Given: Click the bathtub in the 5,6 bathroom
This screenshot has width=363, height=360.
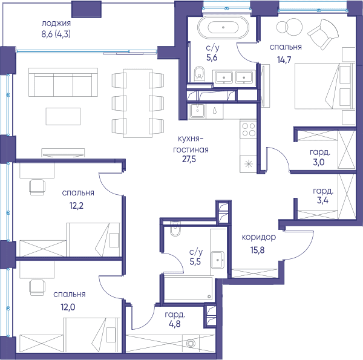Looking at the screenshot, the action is (223, 27).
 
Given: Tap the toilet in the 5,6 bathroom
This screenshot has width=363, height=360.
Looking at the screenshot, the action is (199, 73).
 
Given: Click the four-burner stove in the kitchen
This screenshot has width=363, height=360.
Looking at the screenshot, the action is (249, 129).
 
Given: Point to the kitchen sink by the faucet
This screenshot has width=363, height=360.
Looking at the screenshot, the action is (197, 111).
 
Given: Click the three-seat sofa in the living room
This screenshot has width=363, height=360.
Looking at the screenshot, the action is (63, 82).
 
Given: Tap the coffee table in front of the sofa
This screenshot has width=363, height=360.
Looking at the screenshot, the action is (63, 116).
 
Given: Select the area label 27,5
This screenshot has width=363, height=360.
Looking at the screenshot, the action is (189, 160).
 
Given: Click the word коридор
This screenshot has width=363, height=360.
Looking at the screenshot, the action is (259, 237).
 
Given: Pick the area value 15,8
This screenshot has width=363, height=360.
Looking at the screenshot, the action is (257, 250).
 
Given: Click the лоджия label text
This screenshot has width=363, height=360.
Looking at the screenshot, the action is (56, 24).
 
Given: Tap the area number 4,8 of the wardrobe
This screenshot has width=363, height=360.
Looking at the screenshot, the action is (175, 324).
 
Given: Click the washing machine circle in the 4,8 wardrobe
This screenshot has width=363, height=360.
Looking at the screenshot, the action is (191, 343).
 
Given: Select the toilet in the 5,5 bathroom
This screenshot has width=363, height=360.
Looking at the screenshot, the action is (175, 229).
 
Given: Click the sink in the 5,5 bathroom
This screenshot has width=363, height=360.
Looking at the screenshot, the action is (217, 260).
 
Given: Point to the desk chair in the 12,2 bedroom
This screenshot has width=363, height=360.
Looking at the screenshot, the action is (37, 187).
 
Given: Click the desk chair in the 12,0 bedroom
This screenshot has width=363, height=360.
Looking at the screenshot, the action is (37, 287).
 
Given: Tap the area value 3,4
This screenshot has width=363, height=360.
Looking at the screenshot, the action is (322, 200).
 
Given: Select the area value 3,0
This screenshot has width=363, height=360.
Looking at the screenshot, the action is (319, 162).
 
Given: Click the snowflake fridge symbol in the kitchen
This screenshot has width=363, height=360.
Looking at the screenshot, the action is (249, 164).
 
